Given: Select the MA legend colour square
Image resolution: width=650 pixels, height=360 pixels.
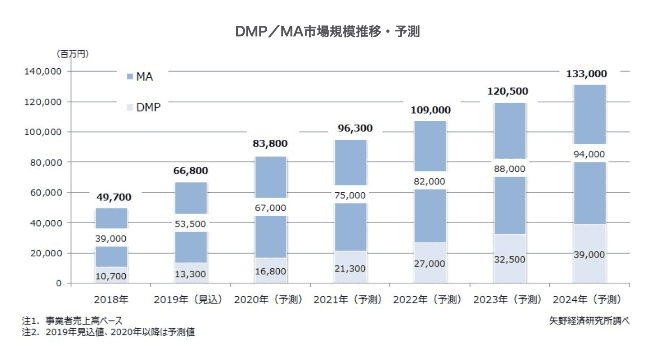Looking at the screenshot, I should (130, 77).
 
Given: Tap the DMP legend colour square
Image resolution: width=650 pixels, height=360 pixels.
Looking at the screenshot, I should (130, 108).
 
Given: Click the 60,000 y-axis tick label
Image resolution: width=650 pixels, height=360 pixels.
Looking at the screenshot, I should (44, 193).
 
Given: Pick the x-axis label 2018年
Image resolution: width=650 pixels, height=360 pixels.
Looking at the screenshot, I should (111, 299).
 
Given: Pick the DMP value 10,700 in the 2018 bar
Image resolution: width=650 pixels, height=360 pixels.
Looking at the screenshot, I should (111, 276).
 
